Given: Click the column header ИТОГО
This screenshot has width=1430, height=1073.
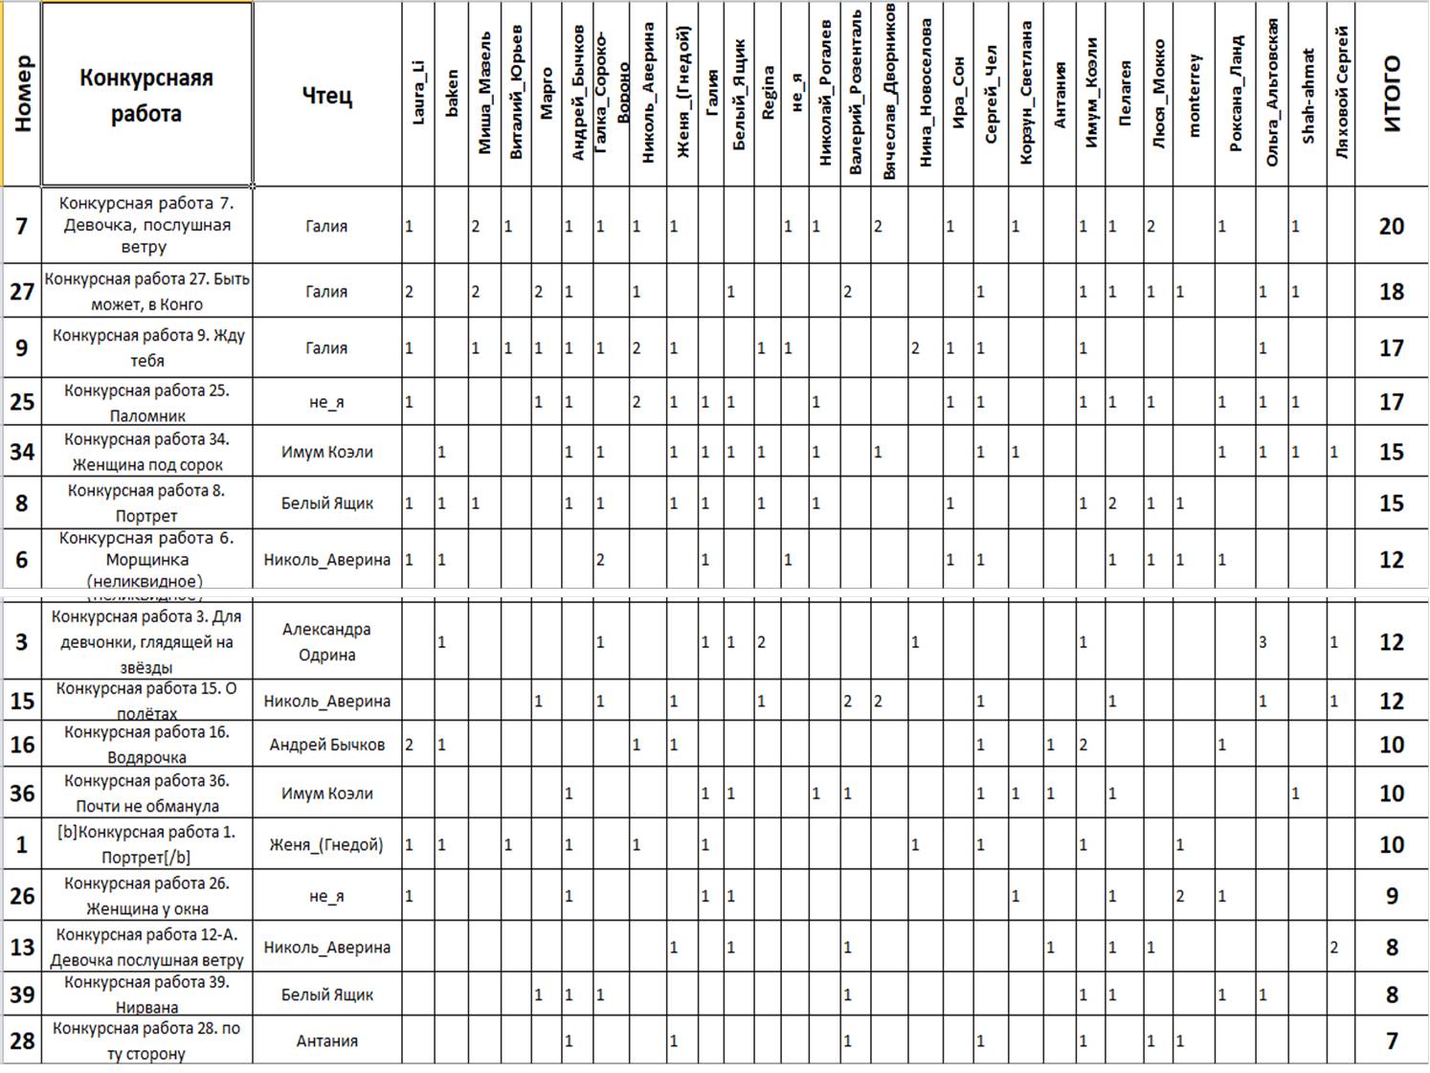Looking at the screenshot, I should pyautogui.click(x=1392, y=94).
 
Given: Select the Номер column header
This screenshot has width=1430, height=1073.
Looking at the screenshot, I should pyautogui.click(x=22, y=94).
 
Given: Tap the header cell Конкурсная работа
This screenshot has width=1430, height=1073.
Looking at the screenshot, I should pyautogui.click(x=146, y=95).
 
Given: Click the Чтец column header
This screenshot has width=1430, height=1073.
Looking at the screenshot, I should pyautogui.click(x=326, y=95).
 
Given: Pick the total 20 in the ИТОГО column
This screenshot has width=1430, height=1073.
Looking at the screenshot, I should pyautogui.click(x=1391, y=226).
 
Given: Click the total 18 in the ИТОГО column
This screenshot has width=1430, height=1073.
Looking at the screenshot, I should pyautogui.click(x=1391, y=292).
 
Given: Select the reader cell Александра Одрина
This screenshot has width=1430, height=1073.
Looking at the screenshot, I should pyautogui.click(x=326, y=642).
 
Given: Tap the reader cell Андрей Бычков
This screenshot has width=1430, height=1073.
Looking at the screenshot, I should pyautogui.click(x=326, y=745).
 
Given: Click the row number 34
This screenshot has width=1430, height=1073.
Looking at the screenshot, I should pyautogui.click(x=22, y=451).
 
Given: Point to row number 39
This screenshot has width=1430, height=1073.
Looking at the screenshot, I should pyautogui.click(x=22, y=995).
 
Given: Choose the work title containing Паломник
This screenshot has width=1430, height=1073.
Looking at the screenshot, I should pyautogui.click(x=146, y=403).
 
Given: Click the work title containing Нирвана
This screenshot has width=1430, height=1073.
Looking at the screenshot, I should pyautogui.click(x=146, y=995).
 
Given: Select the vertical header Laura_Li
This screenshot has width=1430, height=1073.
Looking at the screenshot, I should pyautogui.click(x=418, y=94).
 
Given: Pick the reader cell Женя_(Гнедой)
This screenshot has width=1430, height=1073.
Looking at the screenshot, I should pyautogui.click(x=326, y=845).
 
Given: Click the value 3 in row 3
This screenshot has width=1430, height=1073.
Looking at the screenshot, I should pyautogui.click(x=1262, y=642).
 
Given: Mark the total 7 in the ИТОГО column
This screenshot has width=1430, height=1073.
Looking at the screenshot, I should pyautogui.click(x=1392, y=1040).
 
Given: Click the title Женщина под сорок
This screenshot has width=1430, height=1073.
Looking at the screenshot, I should pyautogui.click(x=146, y=452).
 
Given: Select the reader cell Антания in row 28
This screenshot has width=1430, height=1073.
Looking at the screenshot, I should pyautogui.click(x=326, y=1040).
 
